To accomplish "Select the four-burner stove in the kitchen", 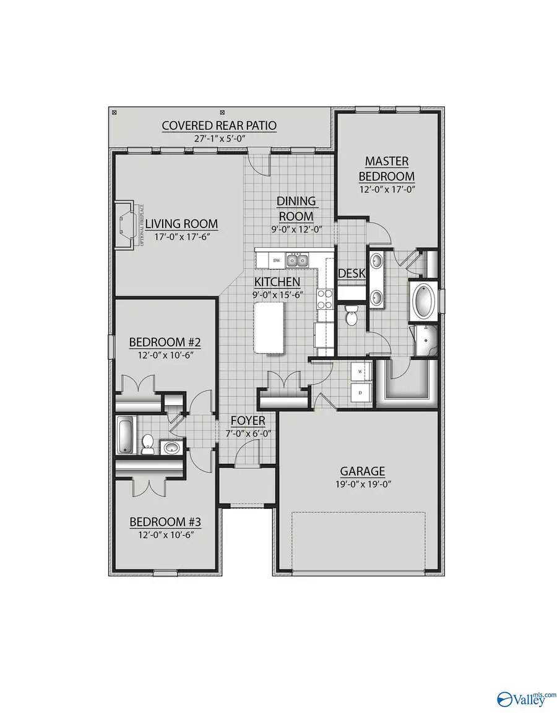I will [x=323, y=299].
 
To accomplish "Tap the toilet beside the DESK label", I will [x=352, y=315].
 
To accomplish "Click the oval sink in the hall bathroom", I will [x=170, y=446].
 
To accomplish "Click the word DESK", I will [x=351, y=273].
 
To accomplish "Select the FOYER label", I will [x=248, y=421].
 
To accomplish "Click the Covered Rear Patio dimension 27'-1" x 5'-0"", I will [x=220, y=139].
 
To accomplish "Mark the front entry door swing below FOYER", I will [x=246, y=455].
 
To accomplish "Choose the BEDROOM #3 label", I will [x=166, y=522].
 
